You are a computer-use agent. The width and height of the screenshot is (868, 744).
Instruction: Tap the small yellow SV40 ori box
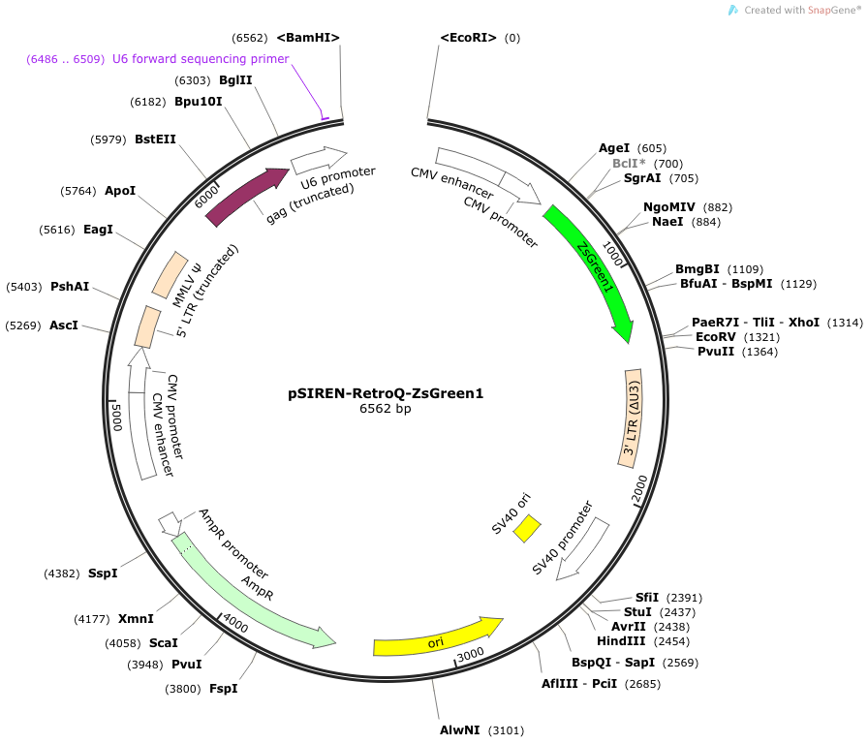click(527, 529)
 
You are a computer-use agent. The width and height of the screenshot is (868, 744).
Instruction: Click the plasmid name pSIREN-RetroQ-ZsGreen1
click(386, 393)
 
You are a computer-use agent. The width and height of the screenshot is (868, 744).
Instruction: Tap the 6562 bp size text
click(386, 409)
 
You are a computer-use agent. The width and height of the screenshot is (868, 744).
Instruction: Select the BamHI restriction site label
click(308, 38)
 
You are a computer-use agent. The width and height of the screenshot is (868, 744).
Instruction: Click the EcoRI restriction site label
click(468, 38)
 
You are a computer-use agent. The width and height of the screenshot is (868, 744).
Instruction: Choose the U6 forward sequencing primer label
click(201, 59)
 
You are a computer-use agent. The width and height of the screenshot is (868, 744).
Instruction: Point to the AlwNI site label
click(460, 730)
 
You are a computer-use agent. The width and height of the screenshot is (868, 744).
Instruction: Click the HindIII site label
click(621, 641)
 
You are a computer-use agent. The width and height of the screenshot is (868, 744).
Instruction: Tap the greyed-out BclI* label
click(629, 164)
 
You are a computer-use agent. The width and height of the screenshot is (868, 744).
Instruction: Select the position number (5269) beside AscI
click(23, 325)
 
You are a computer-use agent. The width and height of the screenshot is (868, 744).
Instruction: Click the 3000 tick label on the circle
click(471, 655)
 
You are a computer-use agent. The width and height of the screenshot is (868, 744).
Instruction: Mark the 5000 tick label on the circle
click(117, 417)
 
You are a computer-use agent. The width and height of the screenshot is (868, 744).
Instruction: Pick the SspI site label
click(103, 573)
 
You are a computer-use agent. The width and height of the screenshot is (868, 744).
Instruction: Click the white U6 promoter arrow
click(319, 161)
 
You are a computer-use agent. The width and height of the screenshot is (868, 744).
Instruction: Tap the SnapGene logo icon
click(733, 10)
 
